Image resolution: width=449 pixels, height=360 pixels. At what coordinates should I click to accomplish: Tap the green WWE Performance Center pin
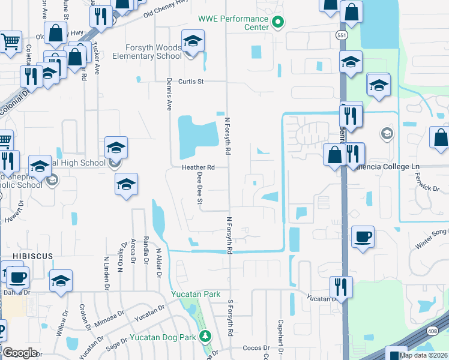point(278,23)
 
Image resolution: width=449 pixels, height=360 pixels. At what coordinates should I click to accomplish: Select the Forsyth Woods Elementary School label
point(153,52)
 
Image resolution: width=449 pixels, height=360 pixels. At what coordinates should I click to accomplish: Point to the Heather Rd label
point(199,167)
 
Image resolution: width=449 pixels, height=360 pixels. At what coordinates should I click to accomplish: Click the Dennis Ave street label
point(169,96)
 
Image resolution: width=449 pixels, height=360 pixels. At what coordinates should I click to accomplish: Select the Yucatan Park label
point(191,294)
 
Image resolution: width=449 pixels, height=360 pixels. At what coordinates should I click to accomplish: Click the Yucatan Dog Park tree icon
point(206,335)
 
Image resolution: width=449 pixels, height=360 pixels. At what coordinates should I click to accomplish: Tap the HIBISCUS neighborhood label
point(26,256)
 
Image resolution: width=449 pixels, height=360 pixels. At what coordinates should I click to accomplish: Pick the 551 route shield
point(340,35)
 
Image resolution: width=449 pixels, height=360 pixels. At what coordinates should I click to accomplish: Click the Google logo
point(20,353)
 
